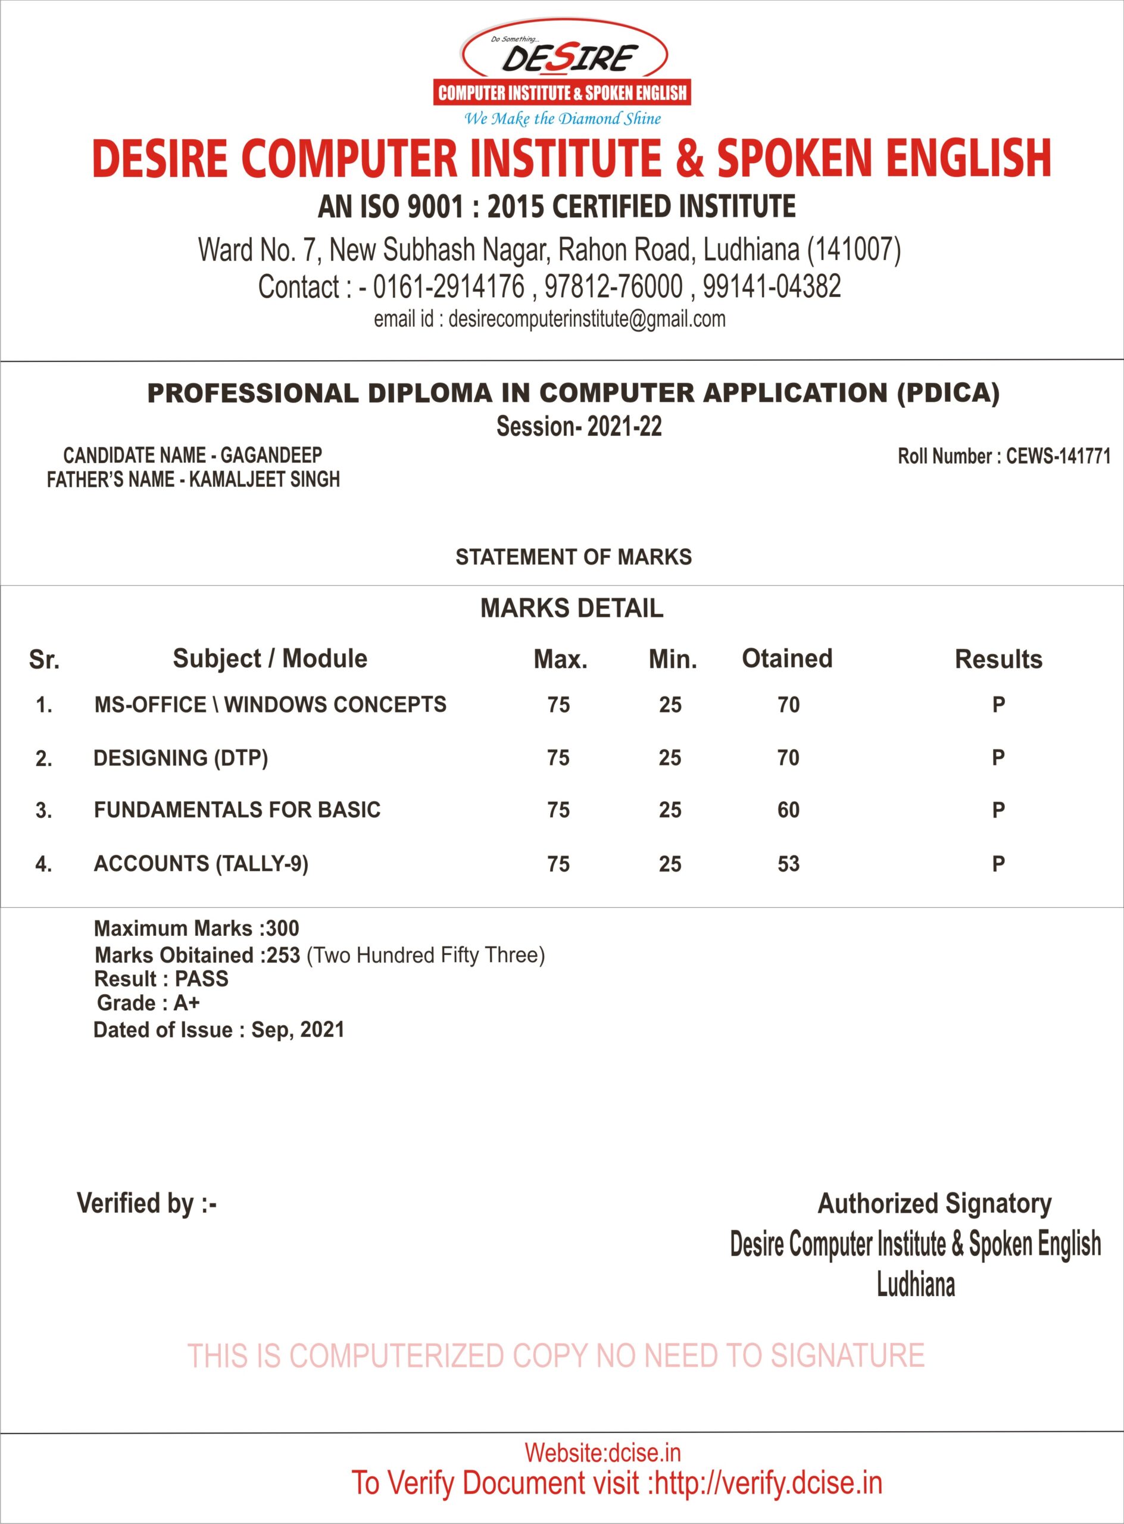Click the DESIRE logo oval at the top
coord(564,56)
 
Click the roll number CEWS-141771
coord(1058,456)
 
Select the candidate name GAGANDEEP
coord(271,455)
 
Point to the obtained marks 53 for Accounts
coord(789,864)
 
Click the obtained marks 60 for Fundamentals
coord(789,810)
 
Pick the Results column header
coord(998,659)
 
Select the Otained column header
coord(786,658)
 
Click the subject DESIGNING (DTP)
coord(180,758)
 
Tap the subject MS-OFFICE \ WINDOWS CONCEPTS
coord(270,704)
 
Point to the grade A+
coord(186,1003)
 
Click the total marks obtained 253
coord(283,955)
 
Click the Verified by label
coord(146,1204)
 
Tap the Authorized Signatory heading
coord(934,1204)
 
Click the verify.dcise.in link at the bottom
coord(768,1483)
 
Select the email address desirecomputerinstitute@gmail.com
coord(586,319)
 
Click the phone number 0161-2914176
coord(449,286)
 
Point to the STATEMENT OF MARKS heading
coord(573,557)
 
